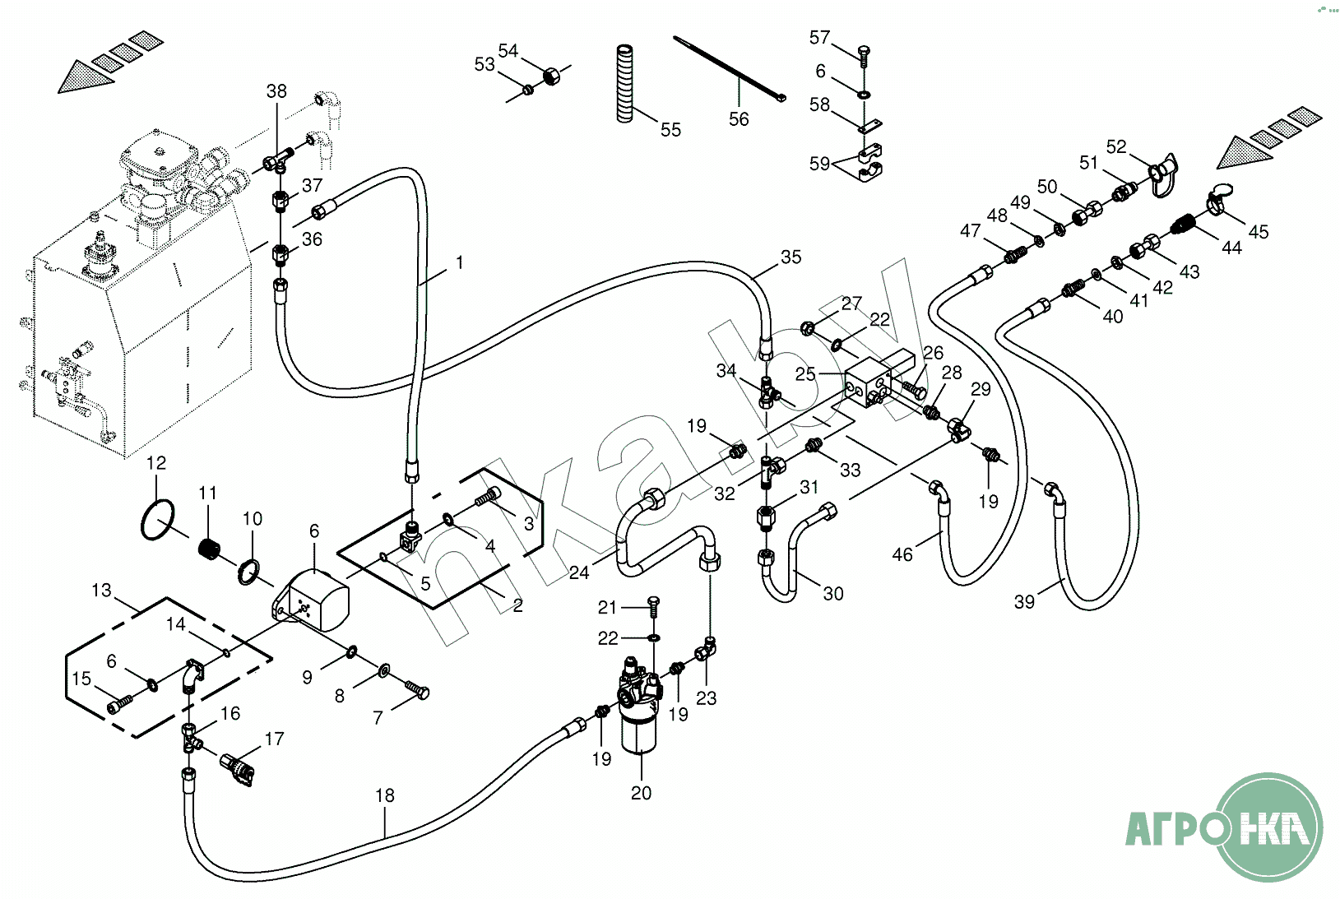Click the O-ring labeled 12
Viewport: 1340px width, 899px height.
157,520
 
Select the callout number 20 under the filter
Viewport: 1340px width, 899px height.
641,793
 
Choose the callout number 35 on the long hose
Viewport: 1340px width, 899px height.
791,257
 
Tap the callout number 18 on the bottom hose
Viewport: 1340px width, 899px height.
384,795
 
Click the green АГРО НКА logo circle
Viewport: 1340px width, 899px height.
1268,827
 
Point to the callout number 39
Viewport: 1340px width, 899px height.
1024,601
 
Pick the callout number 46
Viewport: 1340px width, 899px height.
902,554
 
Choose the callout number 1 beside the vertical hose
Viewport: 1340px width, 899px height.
459,262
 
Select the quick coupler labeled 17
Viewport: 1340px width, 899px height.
238,770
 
